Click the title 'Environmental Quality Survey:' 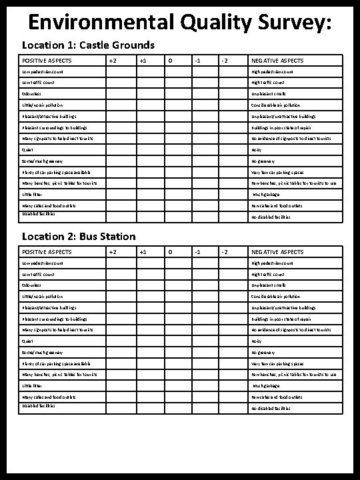pyautogui.click(x=179, y=23)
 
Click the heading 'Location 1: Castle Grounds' pyautogui.click(x=88, y=46)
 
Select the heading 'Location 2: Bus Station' pyautogui.click(x=79, y=237)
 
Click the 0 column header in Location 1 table pyautogui.click(x=170, y=61)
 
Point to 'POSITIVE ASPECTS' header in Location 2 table pyautogui.click(x=46, y=252)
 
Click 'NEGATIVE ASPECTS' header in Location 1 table pyautogui.click(x=277, y=61)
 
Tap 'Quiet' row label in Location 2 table pyautogui.click(x=27, y=341)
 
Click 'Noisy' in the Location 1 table pyautogui.click(x=257, y=150)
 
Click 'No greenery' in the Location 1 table pyautogui.click(x=263, y=161)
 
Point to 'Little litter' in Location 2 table pyautogui.click(x=31, y=386)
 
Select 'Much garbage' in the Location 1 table pyautogui.click(x=265, y=195)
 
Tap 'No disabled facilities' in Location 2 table pyautogui.click(x=270, y=408)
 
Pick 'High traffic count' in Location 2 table pyautogui.click(x=267, y=274)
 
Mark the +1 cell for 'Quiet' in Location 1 pyautogui.click(x=141, y=150)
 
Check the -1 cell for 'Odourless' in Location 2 pyautogui.click(x=199, y=285)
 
